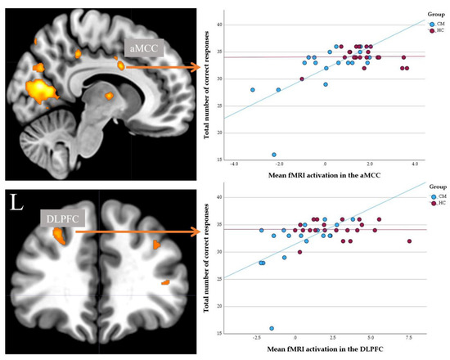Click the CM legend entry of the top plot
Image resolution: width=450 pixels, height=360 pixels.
pos(433,24)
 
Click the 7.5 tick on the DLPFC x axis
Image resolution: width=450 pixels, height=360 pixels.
pos(408,338)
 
